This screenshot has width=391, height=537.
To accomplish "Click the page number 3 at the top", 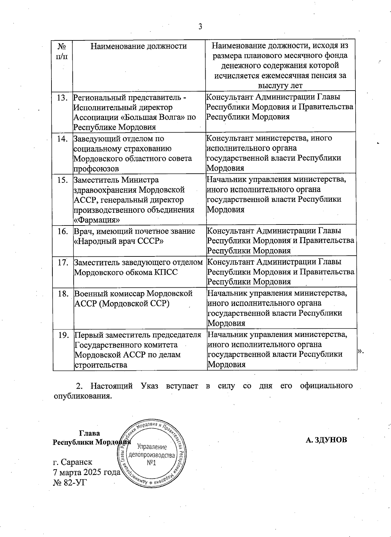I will coord(200,26).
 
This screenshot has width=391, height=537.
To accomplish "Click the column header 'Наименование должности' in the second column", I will coord(138,46).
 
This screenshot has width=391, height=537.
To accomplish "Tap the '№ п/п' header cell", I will coord(62,51).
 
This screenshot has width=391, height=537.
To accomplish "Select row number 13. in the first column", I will coord(62,97).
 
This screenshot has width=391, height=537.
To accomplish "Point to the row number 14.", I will coord(62,139).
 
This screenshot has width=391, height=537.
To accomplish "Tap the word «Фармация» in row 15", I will coord(94,220).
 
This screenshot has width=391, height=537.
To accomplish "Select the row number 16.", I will coord(62,231).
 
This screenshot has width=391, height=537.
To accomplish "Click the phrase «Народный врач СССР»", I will coord(119,241).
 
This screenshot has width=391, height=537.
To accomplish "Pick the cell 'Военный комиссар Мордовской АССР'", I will coord(134,298).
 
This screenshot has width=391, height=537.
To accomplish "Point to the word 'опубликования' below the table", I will coord(81,396).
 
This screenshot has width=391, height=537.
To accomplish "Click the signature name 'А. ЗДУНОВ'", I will coord(326,440).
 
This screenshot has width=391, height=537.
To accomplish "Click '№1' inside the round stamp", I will coord(152,463).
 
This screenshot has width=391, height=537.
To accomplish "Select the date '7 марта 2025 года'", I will coord(87,472).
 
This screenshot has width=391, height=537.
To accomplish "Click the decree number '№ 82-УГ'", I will coord(70,482).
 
